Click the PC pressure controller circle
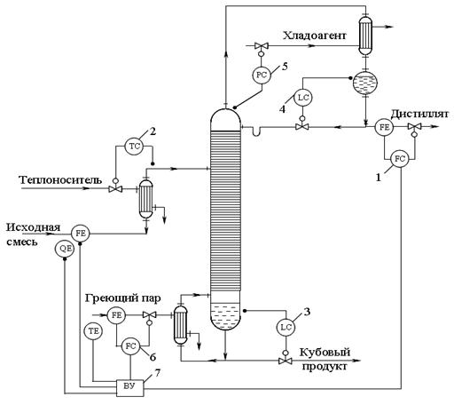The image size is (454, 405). [x=262, y=75]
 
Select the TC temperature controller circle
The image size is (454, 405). [x=135, y=146]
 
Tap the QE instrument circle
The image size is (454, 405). [x=65, y=249]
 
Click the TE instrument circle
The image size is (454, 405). [x=93, y=330]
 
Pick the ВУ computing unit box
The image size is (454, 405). [x=129, y=387]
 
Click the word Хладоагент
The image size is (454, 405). [x=314, y=36]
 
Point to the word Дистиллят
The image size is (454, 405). [x=419, y=114]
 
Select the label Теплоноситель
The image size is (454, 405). [x=60, y=179]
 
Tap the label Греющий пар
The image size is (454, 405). [x=123, y=298]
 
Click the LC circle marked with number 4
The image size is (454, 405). [x=303, y=98]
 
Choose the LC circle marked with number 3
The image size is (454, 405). [x=286, y=327]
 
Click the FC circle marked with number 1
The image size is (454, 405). [x=399, y=159]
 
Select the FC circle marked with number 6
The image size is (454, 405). [x=130, y=346]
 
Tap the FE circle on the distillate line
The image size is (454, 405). [x=384, y=127]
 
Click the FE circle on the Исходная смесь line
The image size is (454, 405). [x=80, y=234]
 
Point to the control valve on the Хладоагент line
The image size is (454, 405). [x=261, y=46]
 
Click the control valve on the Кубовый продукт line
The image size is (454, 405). [x=286, y=361]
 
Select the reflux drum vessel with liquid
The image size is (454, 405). [x=365, y=82]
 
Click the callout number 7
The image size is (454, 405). [x=157, y=373]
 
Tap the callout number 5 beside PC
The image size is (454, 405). [x=285, y=67]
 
